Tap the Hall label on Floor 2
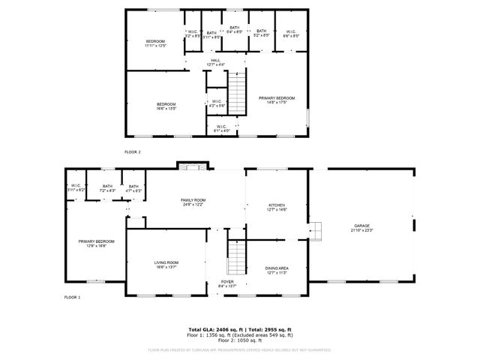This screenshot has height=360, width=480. pyautogui.click(x=215, y=62)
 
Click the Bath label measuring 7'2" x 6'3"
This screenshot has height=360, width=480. pyautogui.click(x=108, y=188)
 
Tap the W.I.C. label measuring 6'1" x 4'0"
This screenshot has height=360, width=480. pyautogui.click(x=222, y=128)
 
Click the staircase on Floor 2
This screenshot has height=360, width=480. pyautogui.click(x=236, y=91)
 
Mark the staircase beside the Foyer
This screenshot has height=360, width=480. pyautogui.click(x=238, y=259)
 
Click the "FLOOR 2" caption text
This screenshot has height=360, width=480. pyautogui.click(x=132, y=151)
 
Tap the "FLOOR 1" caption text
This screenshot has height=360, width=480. pyautogui.click(x=72, y=298)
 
